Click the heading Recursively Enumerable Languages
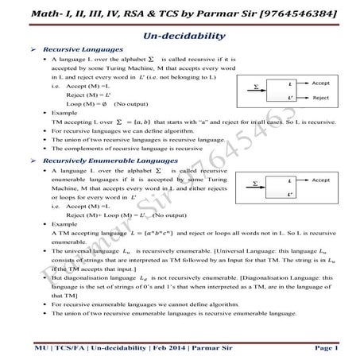coord(111,161)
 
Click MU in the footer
coord(33,348)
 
